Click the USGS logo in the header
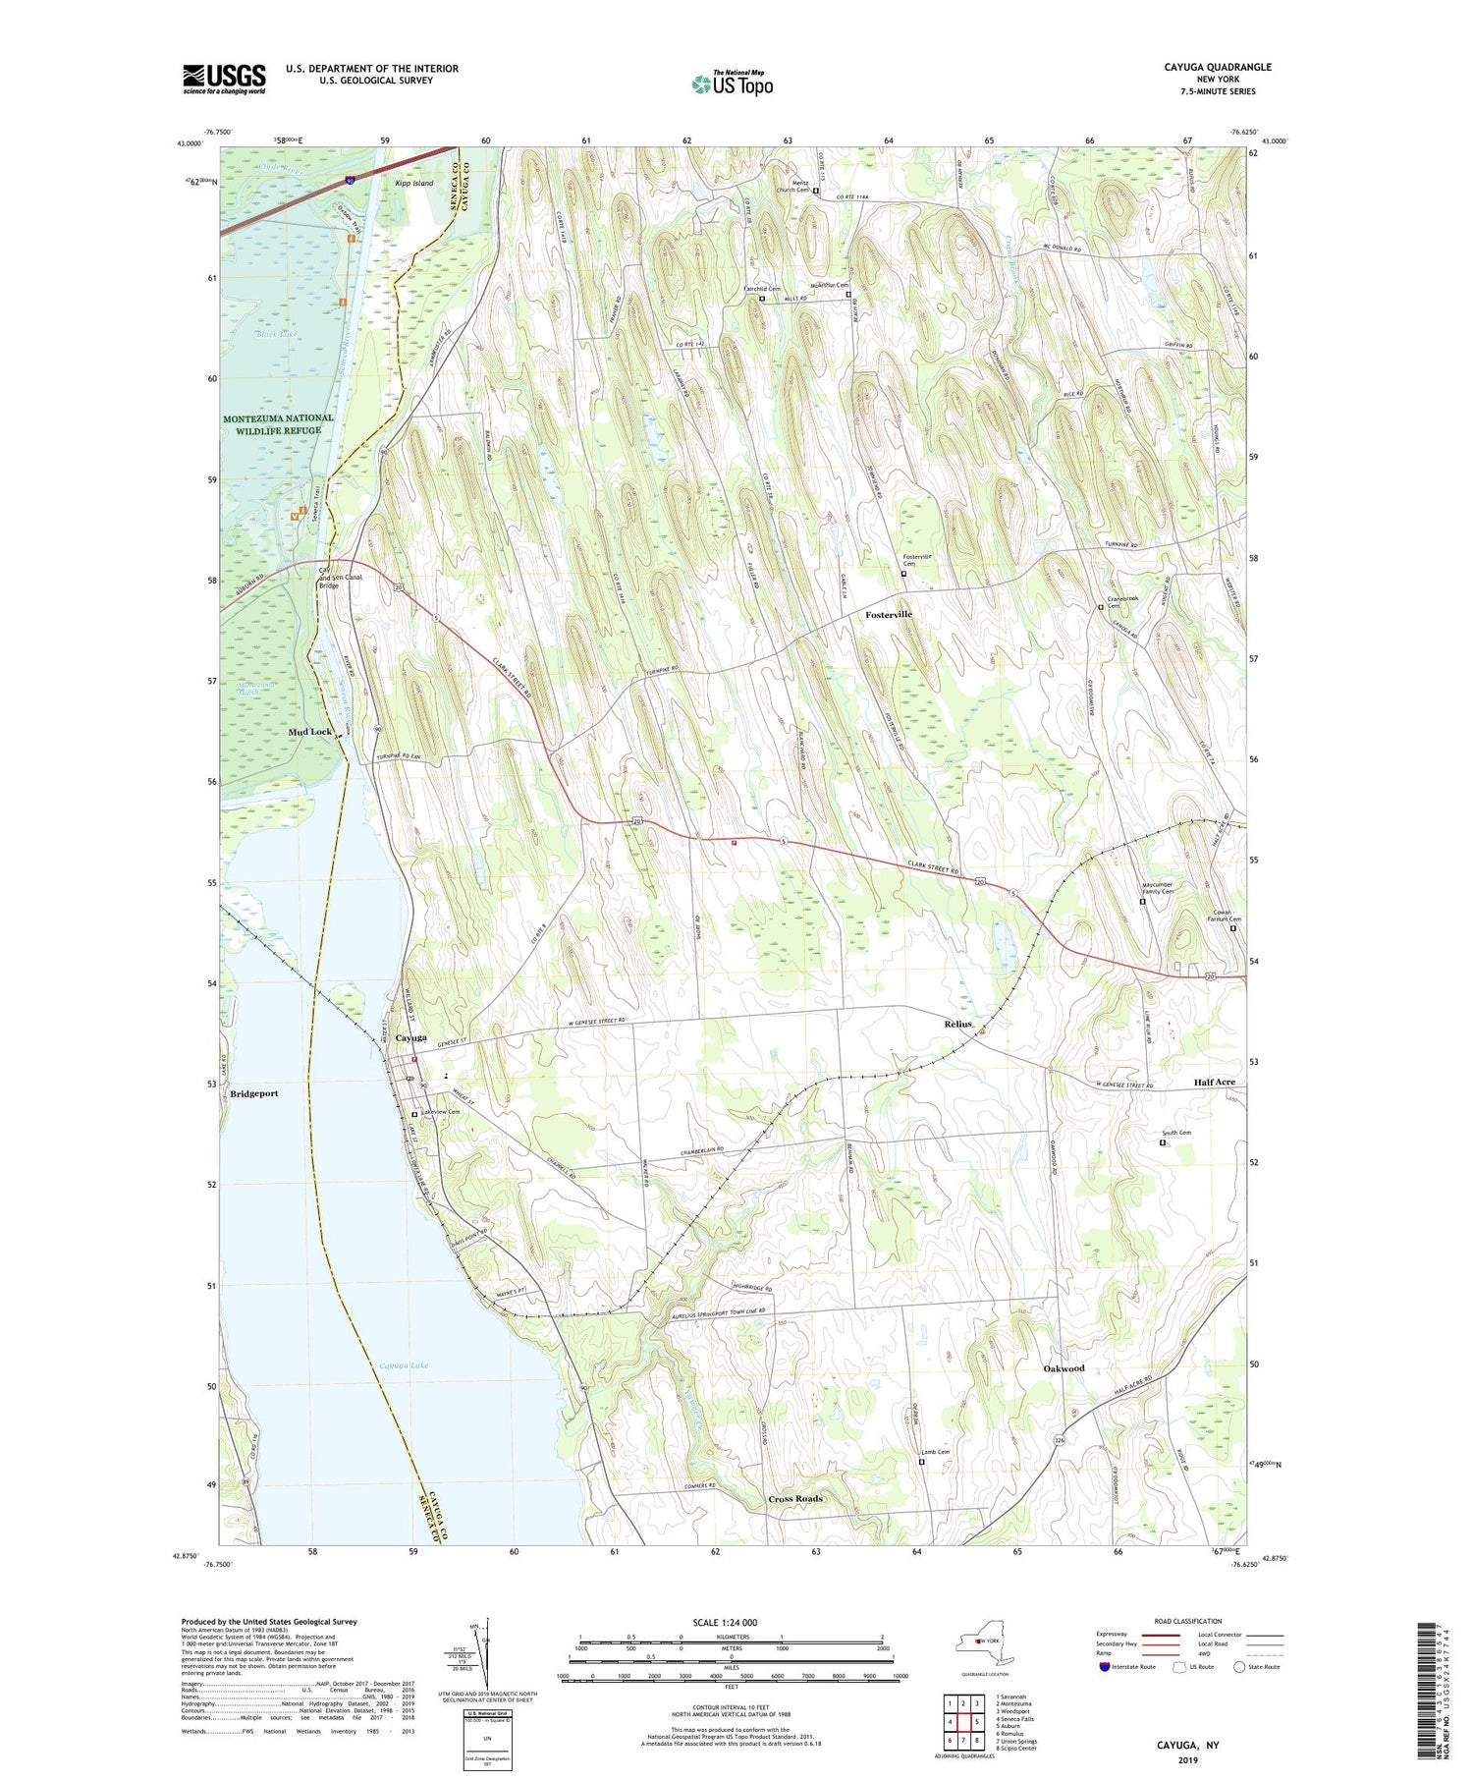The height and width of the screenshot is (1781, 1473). tap(224, 79)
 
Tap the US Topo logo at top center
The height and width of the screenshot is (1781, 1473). tap(732, 84)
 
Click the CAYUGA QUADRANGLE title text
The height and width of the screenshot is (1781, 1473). tap(1214, 67)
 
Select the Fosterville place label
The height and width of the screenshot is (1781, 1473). tap(888, 614)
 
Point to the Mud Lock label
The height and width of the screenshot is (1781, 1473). tap(309, 732)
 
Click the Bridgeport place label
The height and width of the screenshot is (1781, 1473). tap(255, 1093)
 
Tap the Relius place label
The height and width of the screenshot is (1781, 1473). tap(957, 1025)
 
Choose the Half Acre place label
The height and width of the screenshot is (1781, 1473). tap(1214, 1082)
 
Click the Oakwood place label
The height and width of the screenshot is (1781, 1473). tap(1064, 1368)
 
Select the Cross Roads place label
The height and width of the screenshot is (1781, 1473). tap(794, 1499)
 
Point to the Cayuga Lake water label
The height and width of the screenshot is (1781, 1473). tap(404, 1365)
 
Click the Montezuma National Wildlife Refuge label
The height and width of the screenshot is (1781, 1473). tap(278, 424)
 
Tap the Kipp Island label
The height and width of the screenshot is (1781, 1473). tap(413, 184)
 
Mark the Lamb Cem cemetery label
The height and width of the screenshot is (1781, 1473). tap(935, 1452)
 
